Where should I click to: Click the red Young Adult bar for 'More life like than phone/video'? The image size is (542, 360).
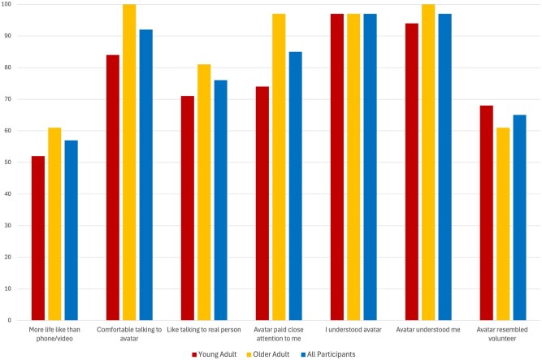[38, 238]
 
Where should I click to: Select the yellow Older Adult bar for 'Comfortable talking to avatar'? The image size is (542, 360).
[129, 163]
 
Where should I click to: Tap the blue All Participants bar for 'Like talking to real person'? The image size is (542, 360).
[220, 200]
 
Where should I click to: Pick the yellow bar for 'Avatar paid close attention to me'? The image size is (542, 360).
[279, 167]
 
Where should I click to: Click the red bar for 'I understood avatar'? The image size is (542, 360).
[337, 167]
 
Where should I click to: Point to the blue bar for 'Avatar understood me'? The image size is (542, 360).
[444, 167]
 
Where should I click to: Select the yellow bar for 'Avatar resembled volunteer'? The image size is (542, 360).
[503, 224]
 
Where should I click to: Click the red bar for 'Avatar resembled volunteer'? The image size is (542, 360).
[487, 213]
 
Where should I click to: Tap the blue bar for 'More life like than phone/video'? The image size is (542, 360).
[72, 230]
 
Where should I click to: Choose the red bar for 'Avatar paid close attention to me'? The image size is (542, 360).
[262, 203]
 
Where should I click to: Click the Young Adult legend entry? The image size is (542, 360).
[215, 354]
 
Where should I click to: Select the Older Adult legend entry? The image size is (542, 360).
[268, 354]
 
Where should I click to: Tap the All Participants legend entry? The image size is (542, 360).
[328, 354]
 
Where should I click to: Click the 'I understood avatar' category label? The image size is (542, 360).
[353, 330]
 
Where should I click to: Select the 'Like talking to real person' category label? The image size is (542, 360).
[204, 330]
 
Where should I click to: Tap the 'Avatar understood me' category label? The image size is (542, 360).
[428, 330]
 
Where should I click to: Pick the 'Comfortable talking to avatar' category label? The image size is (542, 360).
[129, 334]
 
